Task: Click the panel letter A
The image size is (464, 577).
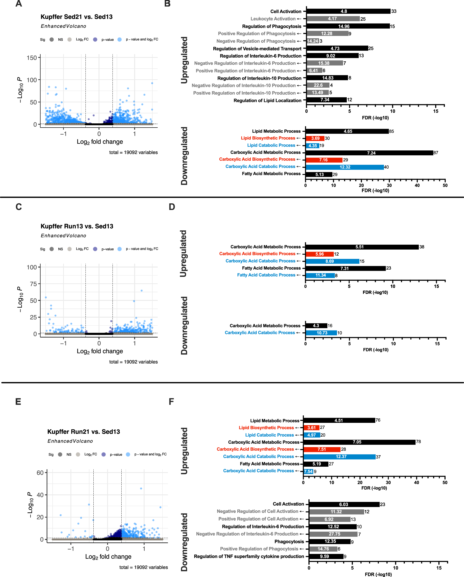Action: pos(18,4)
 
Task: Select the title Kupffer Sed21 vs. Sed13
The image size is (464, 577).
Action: pos(76,17)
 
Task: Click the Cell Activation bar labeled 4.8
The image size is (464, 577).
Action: pos(348,11)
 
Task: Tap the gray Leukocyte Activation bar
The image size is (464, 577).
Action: pos(333,19)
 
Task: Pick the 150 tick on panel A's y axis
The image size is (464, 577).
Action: pos(32,58)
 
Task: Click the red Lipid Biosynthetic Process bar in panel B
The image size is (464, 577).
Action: pos(315,138)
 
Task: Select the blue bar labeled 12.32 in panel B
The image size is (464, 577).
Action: pos(345,167)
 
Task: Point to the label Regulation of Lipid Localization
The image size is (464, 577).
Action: pos(267,100)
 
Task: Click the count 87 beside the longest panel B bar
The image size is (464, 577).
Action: pos(436,153)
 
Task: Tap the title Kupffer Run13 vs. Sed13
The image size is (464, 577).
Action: pos(77,226)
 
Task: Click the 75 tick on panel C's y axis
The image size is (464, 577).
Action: pos(33,284)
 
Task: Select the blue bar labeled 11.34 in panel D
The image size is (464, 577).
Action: pos(320,275)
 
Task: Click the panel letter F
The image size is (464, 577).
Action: pos(171,401)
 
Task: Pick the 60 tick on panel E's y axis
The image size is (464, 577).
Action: pos(40,473)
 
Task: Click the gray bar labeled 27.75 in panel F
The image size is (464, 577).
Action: pos(333,534)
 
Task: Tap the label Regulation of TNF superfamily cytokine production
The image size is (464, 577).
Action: pos(249,556)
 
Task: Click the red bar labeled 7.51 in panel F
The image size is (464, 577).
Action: pos(322,449)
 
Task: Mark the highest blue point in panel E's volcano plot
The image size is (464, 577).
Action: pos(141,488)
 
